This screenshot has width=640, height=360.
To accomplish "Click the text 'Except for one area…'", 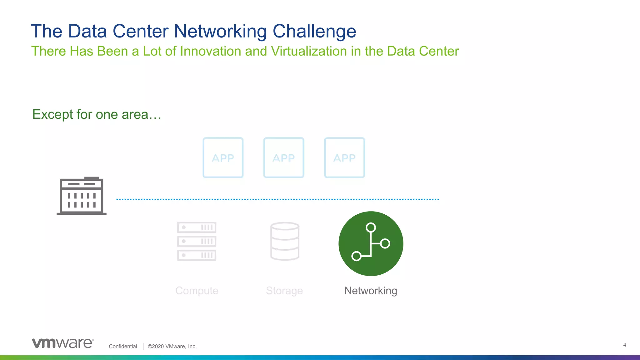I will tap(97, 114).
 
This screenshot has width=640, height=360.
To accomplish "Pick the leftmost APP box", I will tap(223, 158).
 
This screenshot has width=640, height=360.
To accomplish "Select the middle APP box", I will tap(284, 158).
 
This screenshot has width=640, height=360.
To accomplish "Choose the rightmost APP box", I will tap(344, 158).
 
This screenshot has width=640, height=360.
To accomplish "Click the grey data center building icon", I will tap(82, 196).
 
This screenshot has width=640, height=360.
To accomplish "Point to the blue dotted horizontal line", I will tap(277, 199).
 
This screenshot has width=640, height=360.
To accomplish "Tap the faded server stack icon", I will tap(197, 241).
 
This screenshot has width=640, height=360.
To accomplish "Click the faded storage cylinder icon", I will tap(285, 241).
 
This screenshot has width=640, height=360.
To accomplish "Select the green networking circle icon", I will tap(371, 244).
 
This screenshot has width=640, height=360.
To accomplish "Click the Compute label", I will tap(197, 291).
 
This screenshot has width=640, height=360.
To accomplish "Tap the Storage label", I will tap(284, 291).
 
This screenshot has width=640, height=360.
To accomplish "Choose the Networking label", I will tap(371, 291).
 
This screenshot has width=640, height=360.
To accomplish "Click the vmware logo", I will tap(63, 343).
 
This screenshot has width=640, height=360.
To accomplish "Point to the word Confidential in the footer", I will tap(123, 346).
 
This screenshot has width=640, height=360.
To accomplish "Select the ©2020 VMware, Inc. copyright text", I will tap(172, 346).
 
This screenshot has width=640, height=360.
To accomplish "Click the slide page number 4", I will tap(624, 345).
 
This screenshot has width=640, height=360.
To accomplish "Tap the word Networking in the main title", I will tap(220, 31).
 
